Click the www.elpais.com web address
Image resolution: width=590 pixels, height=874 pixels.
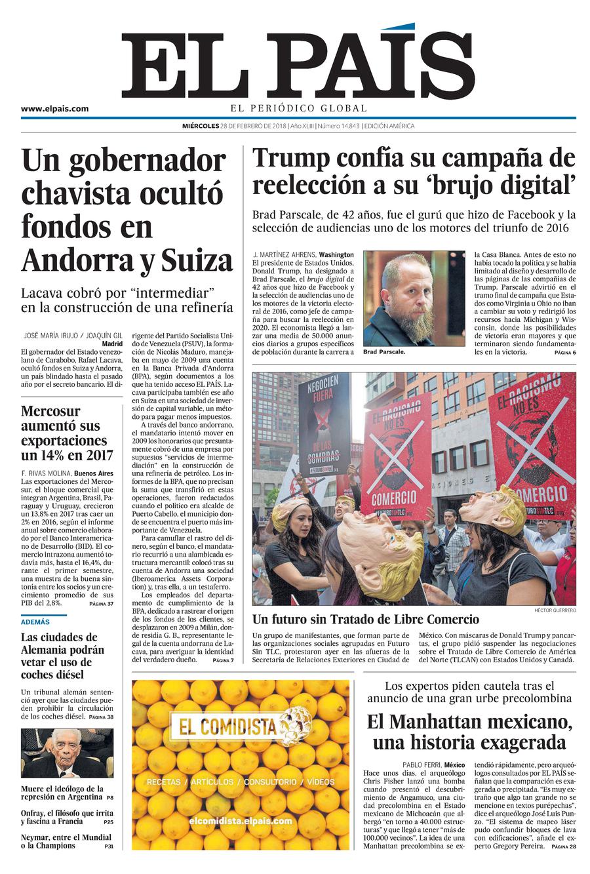click(x=54, y=109)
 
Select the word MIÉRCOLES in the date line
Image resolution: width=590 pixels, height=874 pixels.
click(x=201, y=126)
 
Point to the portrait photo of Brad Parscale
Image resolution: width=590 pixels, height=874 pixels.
click(x=414, y=298)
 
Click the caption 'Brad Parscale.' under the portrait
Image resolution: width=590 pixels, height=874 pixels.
click(x=384, y=352)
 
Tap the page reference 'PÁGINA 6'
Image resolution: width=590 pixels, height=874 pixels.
click(x=564, y=353)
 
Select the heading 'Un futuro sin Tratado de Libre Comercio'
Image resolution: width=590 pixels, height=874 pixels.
click(x=366, y=620)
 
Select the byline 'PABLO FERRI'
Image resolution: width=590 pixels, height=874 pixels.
click(x=421, y=765)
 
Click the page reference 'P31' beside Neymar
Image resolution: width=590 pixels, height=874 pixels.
click(x=108, y=846)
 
